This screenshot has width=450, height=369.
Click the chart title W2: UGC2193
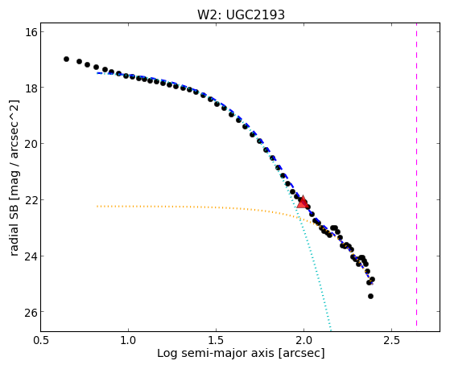pos(241,14)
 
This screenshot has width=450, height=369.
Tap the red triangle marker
pos(303,201)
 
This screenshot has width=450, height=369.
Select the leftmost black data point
pos(66,59)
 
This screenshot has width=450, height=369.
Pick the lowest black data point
pos(370,296)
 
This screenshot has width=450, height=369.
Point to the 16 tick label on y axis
pos(31,32)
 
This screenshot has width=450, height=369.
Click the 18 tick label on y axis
pos(31,88)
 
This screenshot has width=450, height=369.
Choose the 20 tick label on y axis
pos(31,144)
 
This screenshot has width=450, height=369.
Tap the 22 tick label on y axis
pos(31,200)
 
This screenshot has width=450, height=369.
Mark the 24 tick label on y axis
pos(31,256)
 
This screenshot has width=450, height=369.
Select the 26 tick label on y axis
pos(31,312)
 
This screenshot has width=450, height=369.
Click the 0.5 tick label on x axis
pos(41,340)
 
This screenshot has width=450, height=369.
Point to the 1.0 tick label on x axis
pos(128,340)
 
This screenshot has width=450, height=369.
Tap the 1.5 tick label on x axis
pos(216,340)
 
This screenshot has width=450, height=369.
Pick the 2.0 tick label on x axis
pos(304,340)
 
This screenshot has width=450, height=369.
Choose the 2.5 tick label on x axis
pos(392,340)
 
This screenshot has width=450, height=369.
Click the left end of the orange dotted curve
pos(97,206)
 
